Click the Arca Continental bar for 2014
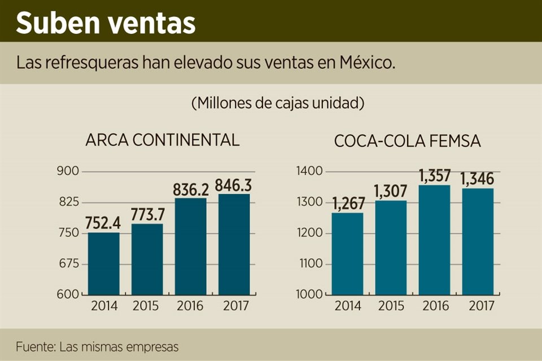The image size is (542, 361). point(103,263)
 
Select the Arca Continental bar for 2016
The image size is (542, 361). point(190,246)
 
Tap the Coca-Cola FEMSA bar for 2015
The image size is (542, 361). point(391,248)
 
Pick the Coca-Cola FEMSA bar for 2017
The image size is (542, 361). point(478,241)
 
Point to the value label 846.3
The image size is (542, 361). point(235,185)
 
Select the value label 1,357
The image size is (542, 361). point(435,176)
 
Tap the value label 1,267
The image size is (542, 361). point(348,204)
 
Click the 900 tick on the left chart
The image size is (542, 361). point(69,171)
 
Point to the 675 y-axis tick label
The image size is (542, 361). point(69,264)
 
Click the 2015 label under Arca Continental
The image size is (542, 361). point(147,306)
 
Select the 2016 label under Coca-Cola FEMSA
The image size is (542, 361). point(435,306)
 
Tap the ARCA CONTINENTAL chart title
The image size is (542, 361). point(162,140)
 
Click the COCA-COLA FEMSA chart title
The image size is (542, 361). point(408,141)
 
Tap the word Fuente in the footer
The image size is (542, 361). point(33,346)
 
